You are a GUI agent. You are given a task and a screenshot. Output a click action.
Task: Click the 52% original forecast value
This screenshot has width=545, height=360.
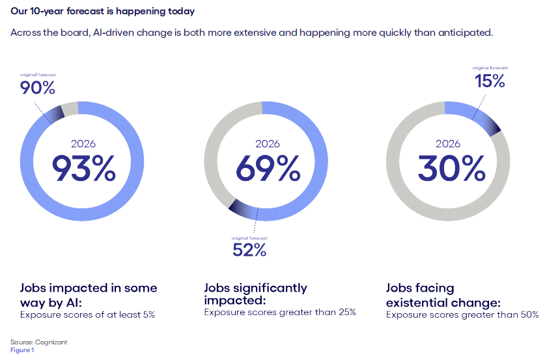[249, 249]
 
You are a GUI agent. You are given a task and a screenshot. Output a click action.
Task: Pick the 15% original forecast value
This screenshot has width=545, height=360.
[489, 81]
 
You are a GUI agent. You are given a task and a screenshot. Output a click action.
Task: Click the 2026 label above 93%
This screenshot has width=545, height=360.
[83, 144]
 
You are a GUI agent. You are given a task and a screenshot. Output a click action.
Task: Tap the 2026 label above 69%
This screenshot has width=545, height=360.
[267, 144]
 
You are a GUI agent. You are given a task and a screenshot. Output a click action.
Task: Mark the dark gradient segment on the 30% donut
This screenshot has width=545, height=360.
[492, 124]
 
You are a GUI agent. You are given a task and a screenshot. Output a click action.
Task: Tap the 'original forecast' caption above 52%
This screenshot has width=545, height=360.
[249, 238]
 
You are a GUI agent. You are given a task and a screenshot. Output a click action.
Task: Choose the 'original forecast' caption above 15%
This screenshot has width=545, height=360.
[490, 68]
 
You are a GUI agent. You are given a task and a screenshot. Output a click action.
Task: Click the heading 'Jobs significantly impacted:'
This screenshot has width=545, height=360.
[255, 294]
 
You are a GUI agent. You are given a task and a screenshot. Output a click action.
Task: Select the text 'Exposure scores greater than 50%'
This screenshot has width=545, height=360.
[462, 314]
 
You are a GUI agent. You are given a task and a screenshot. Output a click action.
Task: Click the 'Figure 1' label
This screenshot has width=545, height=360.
[21, 350]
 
